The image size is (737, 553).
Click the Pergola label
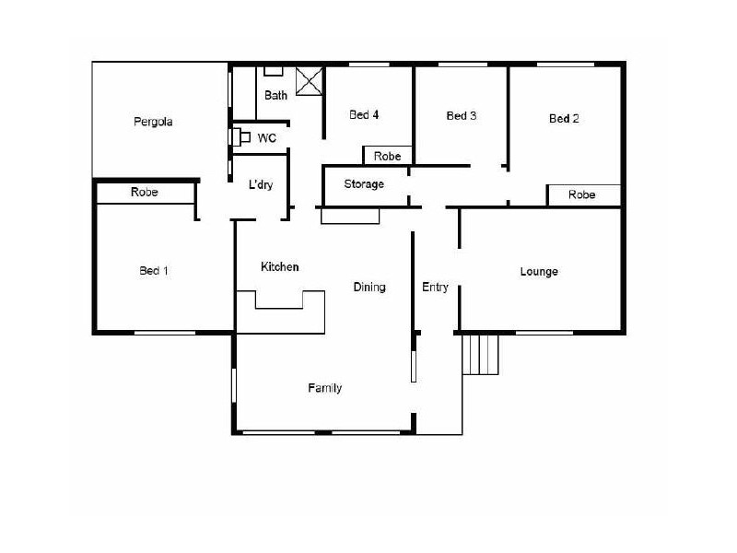(x=153, y=122)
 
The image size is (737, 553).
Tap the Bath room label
(x=275, y=95)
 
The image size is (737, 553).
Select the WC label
(x=267, y=138)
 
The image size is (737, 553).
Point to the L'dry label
(x=261, y=184)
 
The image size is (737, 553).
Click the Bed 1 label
(x=154, y=271)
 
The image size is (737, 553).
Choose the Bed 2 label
(x=564, y=118)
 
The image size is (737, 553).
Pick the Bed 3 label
(x=462, y=116)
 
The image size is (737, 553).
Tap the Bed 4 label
(x=364, y=115)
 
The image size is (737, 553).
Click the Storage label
(x=364, y=184)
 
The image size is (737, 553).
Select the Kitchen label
(x=279, y=267)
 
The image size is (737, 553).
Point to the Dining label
(x=369, y=287)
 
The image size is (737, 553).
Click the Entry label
(x=435, y=287)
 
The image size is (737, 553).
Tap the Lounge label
(x=539, y=272)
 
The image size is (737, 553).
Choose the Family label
(x=324, y=388)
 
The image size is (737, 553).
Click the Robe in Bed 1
(x=145, y=193)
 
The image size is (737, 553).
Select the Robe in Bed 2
(x=581, y=194)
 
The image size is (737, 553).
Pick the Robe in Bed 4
(x=387, y=157)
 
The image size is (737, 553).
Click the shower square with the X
(x=310, y=81)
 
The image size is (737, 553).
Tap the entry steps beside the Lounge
(x=480, y=355)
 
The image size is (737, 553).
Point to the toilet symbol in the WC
(x=239, y=137)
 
